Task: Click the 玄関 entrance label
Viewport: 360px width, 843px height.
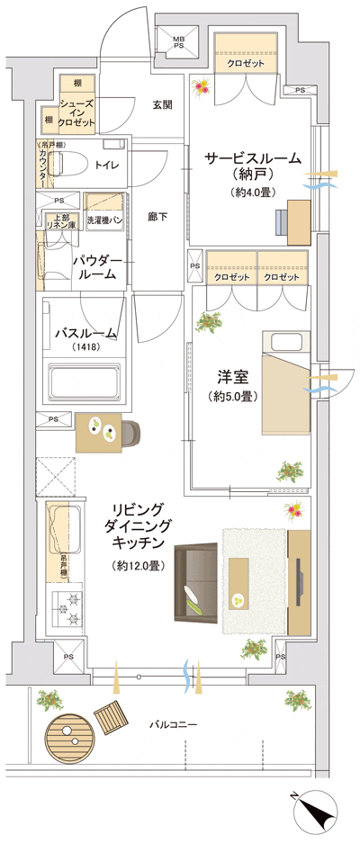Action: click(x=162, y=104)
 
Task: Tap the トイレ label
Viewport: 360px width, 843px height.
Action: click(x=108, y=165)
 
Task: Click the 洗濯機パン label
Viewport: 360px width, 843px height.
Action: click(x=105, y=220)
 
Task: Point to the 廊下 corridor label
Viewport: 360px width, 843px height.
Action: click(x=158, y=218)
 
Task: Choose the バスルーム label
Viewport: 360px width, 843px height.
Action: click(x=85, y=333)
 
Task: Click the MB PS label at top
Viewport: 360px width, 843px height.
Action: click(x=179, y=42)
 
